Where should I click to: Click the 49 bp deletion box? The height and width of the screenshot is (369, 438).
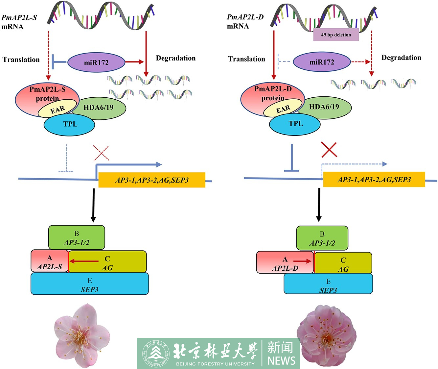[x=336, y=35]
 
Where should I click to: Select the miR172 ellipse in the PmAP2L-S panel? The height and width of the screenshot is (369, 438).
[x=96, y=62]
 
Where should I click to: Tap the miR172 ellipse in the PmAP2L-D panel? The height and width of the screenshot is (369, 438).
[x=322, y=62]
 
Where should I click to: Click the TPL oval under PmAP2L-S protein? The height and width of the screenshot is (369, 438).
[x=70, y=125]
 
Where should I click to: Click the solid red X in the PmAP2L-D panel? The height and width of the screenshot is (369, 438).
[x=329, y=150]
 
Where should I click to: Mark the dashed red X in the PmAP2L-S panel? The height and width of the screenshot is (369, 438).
[x=101, y=153]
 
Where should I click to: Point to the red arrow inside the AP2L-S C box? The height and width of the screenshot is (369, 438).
[x=84, y=261]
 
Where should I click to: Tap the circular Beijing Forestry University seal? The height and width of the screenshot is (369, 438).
[x=156, y=354]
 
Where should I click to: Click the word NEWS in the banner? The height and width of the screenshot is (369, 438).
[x=281, y=360]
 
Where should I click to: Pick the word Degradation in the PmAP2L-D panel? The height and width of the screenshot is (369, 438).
[x=401, y=58]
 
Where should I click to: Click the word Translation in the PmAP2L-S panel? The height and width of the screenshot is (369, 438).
[x=21, y=60]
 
